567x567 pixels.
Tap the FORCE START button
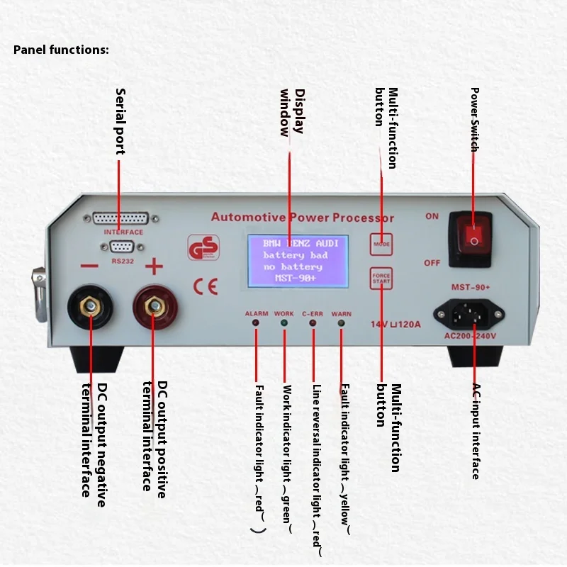click(x=381, y=278)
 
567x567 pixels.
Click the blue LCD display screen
click(x=298, y=261)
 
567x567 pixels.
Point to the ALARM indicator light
click(x=256, y=323)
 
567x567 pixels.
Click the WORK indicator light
click(x=284, y=323)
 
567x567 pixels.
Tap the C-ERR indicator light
click(x=313, y=323)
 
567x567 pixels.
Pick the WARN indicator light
click(x=341, y=323)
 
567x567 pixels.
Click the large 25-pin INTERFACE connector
click(x=120, y=219)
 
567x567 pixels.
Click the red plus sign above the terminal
click(x=154, y=267)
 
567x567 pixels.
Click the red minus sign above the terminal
click(x=89, y=267)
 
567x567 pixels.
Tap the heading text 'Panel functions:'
click(x=61, y=50)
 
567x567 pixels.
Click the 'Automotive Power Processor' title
click(x=303, y=218)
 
